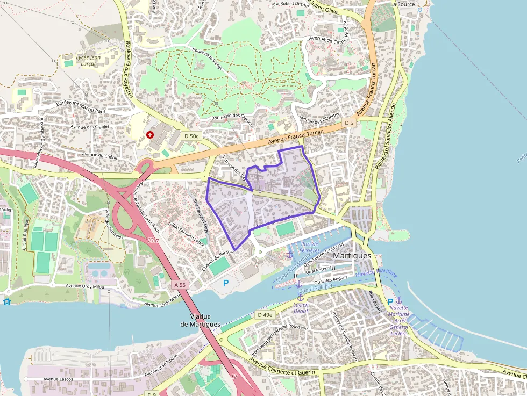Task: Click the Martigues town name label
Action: [352, 256]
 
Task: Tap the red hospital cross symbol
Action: [149, 134]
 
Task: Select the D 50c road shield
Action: [191, 136]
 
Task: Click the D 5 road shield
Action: [350, 123]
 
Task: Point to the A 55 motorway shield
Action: [180, 284]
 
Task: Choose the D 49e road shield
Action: [265, 314]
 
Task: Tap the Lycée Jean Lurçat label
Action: [89, 61]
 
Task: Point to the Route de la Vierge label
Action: [207, 58]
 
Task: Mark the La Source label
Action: [403, 4]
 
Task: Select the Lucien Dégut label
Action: [301, 308]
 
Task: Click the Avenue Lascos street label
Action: [58, 379]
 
